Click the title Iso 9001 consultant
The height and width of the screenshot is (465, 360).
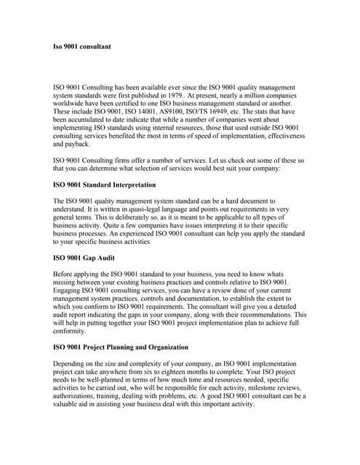tap(82, 46)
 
